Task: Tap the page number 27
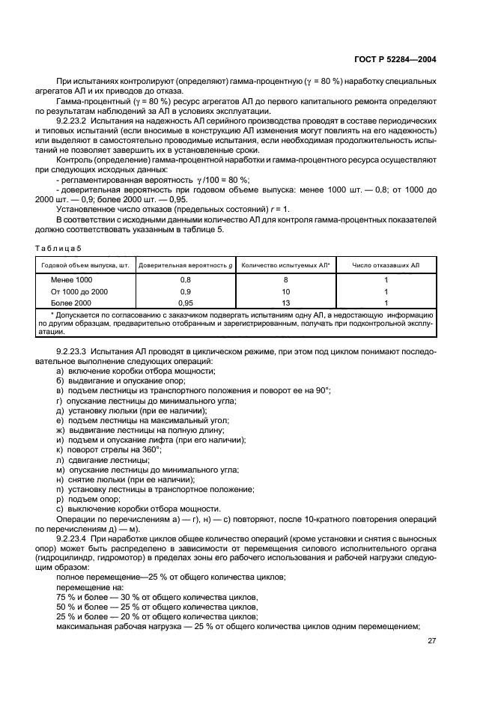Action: click(x=431, y=640)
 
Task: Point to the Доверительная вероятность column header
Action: click(x=185, y=264)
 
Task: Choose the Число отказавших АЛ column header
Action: click(x=385, y=264)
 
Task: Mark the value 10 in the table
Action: click(x=285, y=291)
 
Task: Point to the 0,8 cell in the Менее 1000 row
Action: click(x=185, y=279)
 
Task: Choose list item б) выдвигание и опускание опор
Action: click(x=125, y=381)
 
